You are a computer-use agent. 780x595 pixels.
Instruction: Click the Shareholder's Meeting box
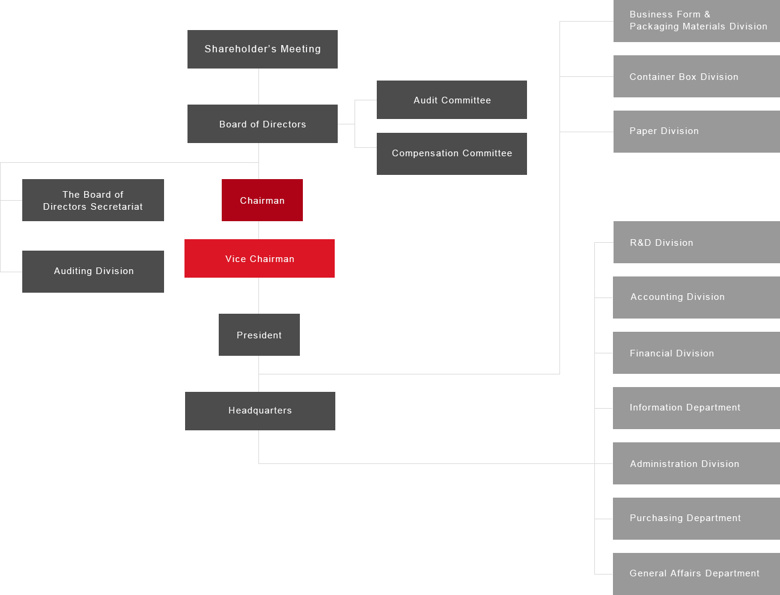(x=263, y=49)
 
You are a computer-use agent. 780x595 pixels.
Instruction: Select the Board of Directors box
(x=263, y=124)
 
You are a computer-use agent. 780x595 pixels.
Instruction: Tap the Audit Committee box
(x=452, y=100)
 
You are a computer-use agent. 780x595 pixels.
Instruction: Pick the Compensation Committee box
(x=452, y=154)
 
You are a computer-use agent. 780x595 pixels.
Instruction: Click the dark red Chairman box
(x=262, y=200)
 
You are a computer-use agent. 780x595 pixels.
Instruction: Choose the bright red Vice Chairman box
(x=260, y=258)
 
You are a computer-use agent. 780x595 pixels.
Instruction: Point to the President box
(x=259, y=335)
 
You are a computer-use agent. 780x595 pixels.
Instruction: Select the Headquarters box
(x=260, y=411)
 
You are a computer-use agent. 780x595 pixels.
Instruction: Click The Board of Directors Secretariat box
(x=93, y=200)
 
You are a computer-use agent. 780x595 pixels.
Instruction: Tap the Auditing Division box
(x=93, y=272)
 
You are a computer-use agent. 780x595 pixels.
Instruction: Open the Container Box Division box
(x=696, y=76)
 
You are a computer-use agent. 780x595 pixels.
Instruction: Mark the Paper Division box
(x=696, y=132)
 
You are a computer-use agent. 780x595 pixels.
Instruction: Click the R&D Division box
(x=696, y=242)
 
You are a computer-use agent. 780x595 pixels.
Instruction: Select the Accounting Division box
(x=696, y=297)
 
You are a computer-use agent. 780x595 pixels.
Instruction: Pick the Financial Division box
(x=696, y=353)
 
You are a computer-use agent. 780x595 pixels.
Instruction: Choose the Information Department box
(x=696, y=408)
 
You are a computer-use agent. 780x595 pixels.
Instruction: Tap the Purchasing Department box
(x=696, y=519)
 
